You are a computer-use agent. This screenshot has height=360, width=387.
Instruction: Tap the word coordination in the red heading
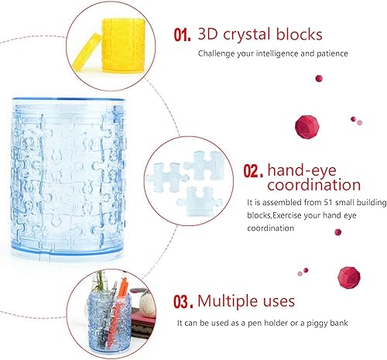click(313, 186)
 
